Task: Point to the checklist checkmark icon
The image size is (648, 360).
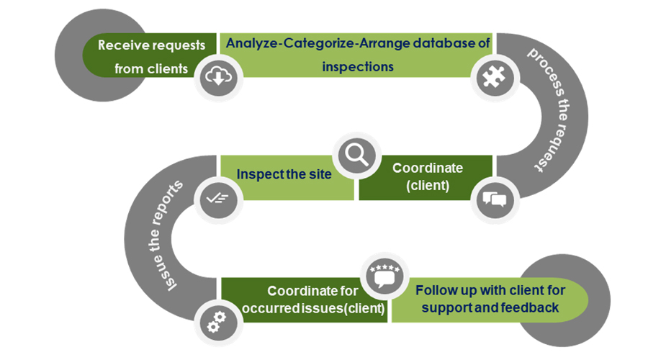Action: tap(217, 197)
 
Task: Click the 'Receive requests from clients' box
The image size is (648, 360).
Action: tap(151, 56)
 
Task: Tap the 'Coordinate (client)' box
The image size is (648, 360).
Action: tap(428, 176)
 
